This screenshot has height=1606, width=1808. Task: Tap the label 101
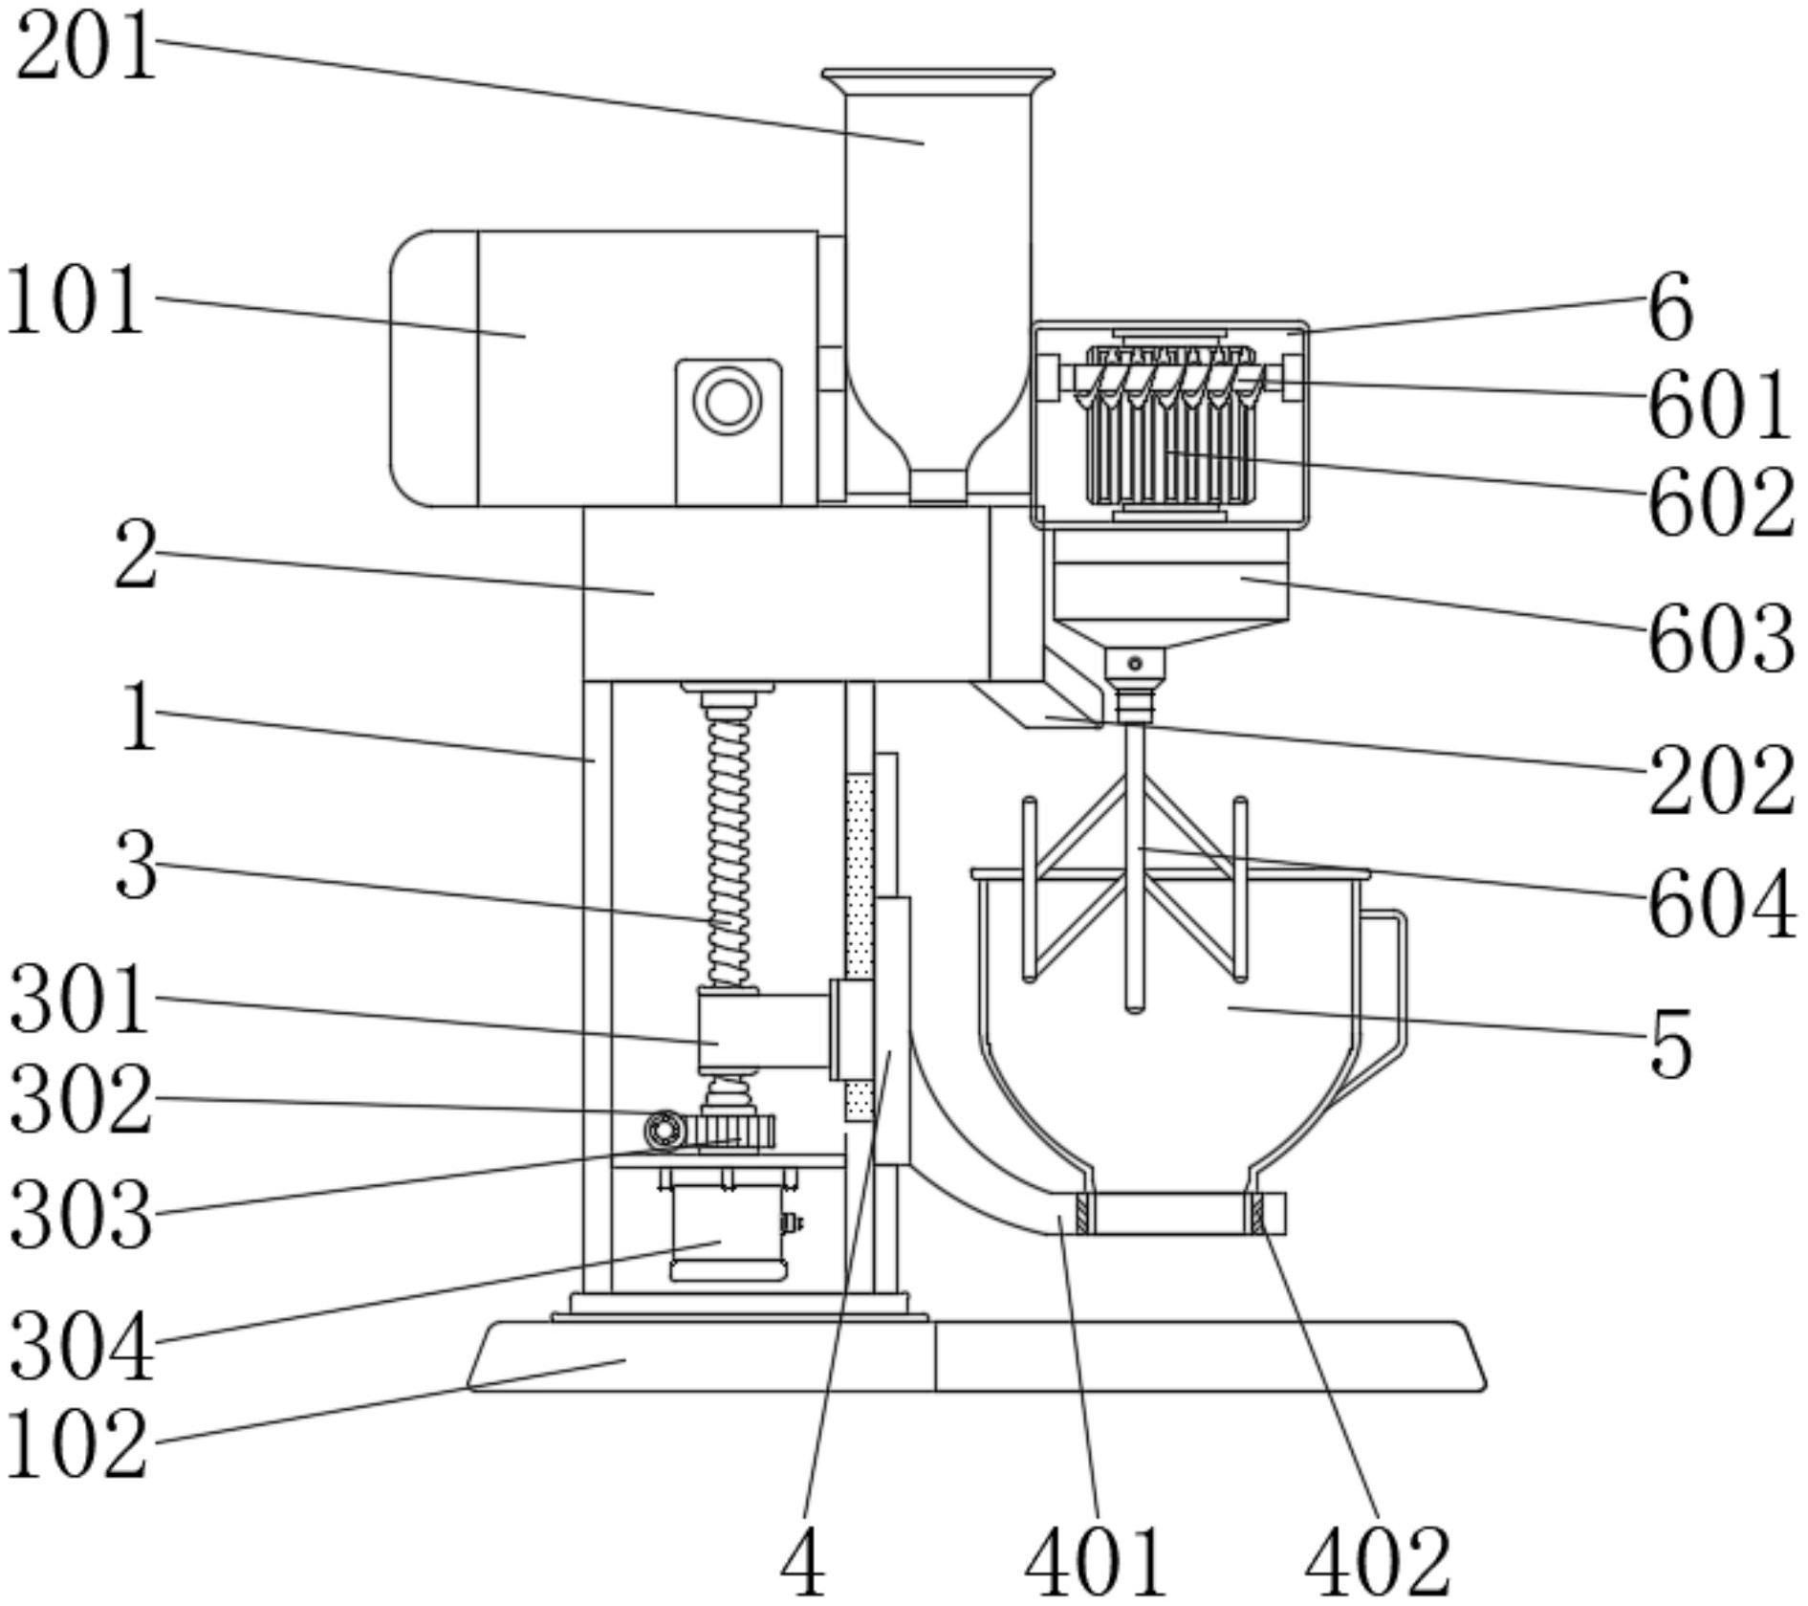(x=76, y=302)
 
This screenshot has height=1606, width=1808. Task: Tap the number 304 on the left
(x=81, y=1347)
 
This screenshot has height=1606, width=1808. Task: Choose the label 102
(x=76, y=1445)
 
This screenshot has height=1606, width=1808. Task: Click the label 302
(x=81, y=1101)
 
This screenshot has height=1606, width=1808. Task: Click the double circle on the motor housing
(x=728, y=401)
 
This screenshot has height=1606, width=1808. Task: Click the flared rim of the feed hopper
(x=938, y=76)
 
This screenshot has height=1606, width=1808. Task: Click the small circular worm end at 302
(x=664, y=1131)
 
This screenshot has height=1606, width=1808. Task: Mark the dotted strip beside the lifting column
(x=860, y=947)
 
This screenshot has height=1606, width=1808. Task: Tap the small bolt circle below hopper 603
(x=1135, y=663)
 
